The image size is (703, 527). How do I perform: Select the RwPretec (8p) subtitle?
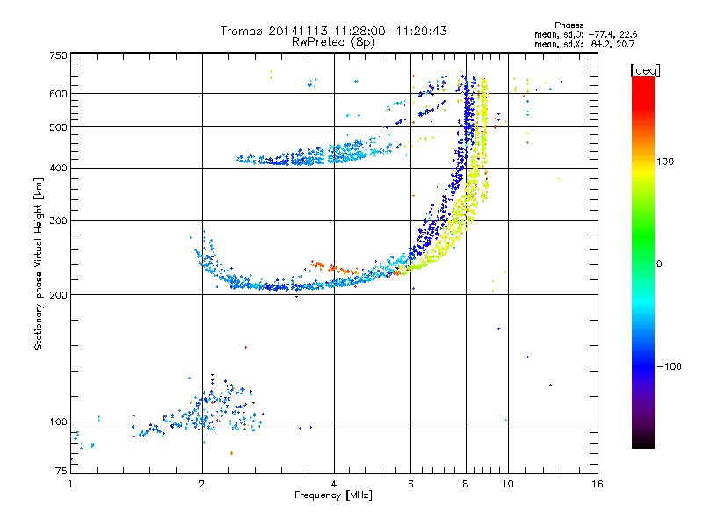(x=333, y=42)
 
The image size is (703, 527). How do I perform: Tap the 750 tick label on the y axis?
(x=58, y=55)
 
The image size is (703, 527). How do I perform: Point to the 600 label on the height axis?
(x=58, y=94)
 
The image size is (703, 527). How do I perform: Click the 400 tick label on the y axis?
(x=58, y=168)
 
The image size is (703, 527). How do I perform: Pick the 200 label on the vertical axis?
(x=58, y=295)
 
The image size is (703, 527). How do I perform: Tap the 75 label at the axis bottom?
(x=62, y=471)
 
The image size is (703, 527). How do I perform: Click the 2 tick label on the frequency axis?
(x=202, y=484)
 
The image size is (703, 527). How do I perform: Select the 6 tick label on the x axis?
(x=410, y=484)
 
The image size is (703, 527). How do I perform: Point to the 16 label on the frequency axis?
(x=598, y=484)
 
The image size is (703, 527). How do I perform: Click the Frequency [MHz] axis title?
(x=333, y=495)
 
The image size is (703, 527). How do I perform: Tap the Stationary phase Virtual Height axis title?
(x=39, y=263)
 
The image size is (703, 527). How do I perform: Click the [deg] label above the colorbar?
(x=645, y=70)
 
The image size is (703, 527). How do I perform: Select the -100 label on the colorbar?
(x=670, y=366)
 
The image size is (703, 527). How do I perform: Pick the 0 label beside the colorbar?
(x=659, y=264)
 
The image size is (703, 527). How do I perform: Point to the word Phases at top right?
(x=569, y=25)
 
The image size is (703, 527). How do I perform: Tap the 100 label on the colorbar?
(x=665, y=162)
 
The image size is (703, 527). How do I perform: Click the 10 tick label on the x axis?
(x=508, y=484)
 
